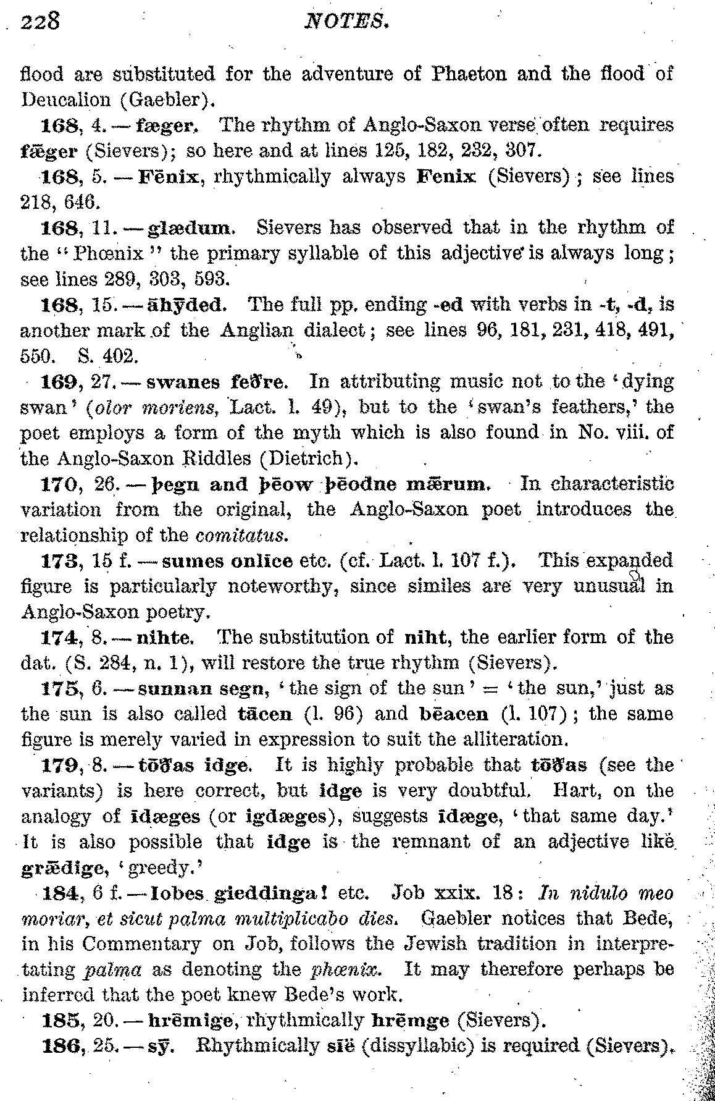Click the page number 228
(40, 22)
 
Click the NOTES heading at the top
(348, 23)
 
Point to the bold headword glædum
(191, 228)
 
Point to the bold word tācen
(265, 714)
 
